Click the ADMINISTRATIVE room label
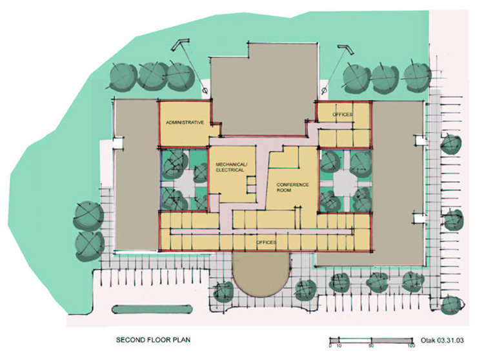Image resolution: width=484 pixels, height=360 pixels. coord(185,122)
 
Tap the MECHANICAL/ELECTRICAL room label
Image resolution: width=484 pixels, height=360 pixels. coord(230,168)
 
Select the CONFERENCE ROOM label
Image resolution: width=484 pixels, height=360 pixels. coord(293,188)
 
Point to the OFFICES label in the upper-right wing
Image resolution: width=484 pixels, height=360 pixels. coord(342,114)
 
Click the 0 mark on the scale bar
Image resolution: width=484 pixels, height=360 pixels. coord(330,346)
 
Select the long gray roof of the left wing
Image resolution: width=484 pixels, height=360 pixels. coord(135,174)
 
